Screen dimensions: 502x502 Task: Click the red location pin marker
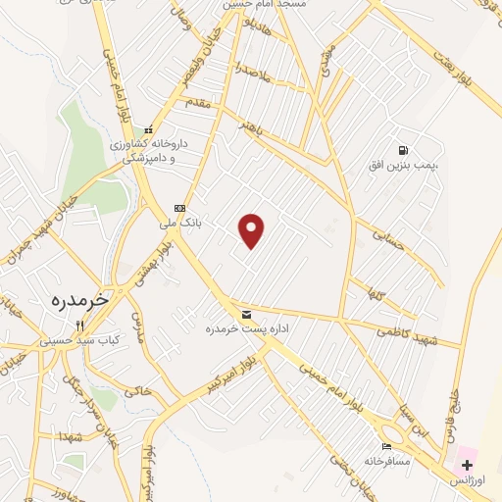(253, 229)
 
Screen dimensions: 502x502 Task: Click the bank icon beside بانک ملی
(179, 208)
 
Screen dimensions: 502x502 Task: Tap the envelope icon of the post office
(245, 314)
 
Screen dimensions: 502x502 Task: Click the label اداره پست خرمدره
(235, 327)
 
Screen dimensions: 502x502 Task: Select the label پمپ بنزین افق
(404, 166)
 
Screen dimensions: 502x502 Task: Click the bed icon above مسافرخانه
(385, 446)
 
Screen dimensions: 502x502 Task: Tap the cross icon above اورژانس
(468, 465)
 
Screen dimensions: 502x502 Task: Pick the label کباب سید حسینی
(81, 340)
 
